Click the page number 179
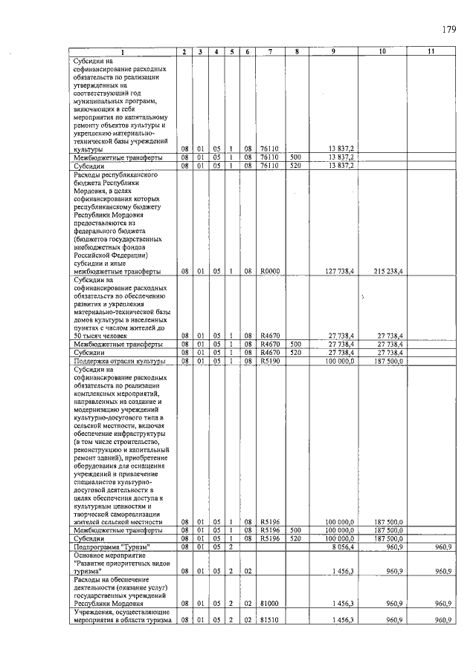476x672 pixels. click(x=448, y=30)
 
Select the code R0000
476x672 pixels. click(x=269, y=272)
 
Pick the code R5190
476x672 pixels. click(x=269, y=362)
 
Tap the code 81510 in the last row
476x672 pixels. click(x=268, y=620)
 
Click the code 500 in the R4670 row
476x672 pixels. click(x=295, y=345)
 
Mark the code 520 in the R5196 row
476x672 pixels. click(x=295, y=538)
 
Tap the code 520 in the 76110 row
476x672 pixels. click(x=295, y=166)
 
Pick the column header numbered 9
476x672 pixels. click(x=333, y=51)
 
